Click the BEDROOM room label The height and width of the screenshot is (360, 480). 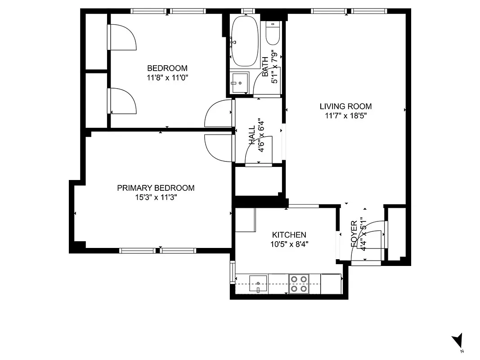point(167,68)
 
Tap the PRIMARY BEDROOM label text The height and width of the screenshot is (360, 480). point(156,188)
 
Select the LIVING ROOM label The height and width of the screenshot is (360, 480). point(345,107)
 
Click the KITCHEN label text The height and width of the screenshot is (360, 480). point(289,235)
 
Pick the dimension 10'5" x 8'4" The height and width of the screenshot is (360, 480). point(289,244)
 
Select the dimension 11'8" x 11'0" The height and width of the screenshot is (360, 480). point(167,77)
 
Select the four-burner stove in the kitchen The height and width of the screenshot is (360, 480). point(298,284)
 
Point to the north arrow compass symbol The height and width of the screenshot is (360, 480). point(458,341)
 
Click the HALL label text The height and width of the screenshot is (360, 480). point(252,135)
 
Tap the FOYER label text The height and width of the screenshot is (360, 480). point(354,233)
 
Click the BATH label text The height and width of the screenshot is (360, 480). point(265,63)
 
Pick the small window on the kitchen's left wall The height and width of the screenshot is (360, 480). point(232,272)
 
